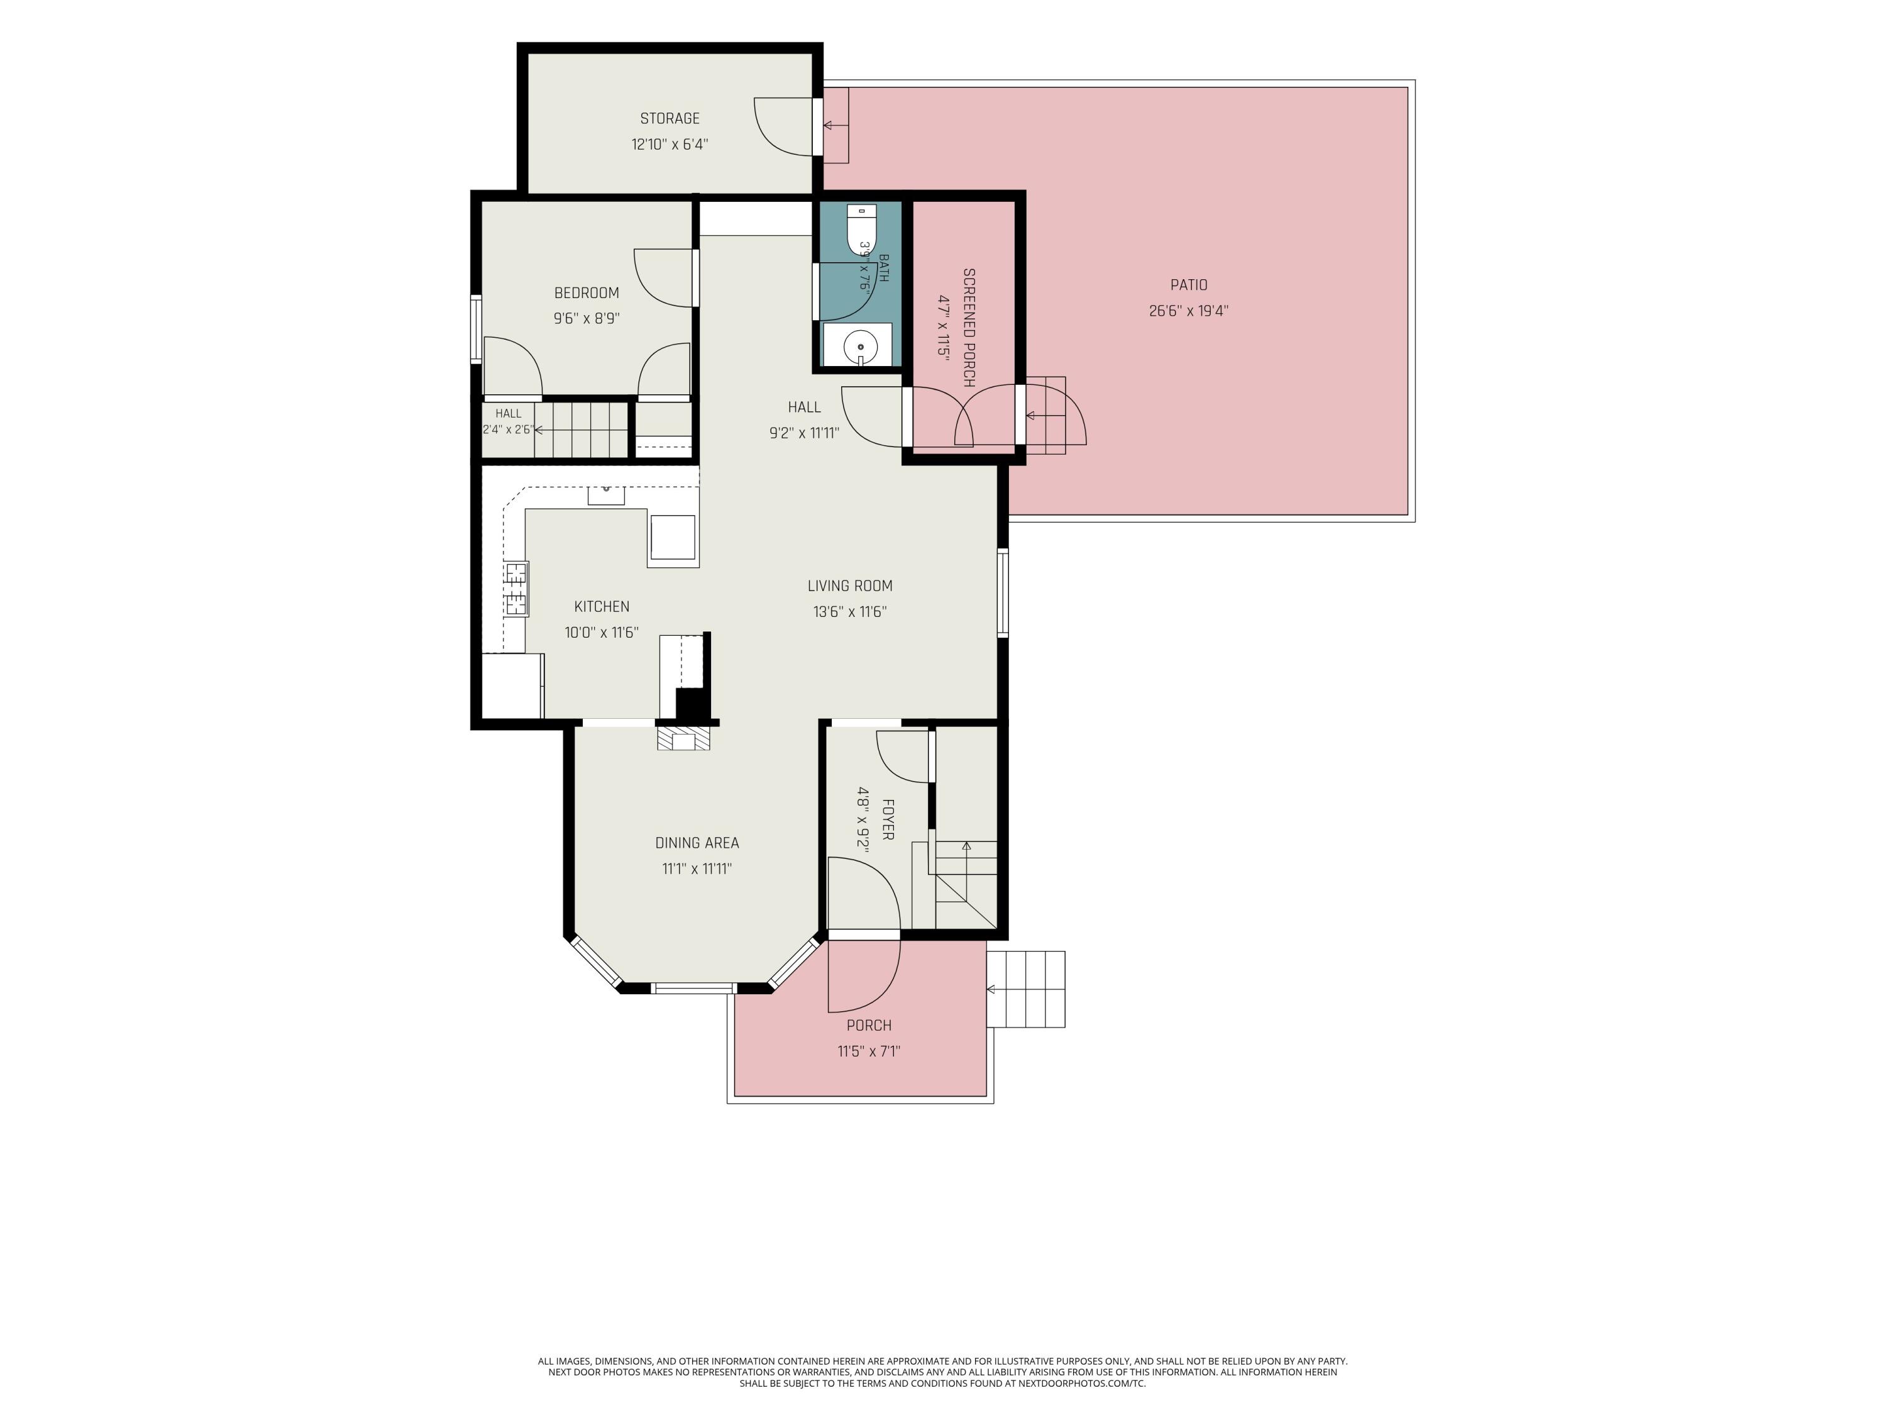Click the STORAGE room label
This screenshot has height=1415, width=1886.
pos(670,119)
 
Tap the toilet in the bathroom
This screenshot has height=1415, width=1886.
pos(861,228)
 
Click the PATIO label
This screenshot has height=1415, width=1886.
pos(1189,285)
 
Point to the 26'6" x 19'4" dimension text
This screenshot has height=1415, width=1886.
pos(1189,311)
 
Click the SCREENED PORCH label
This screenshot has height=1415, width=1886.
pos(969,328)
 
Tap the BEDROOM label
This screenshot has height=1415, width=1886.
pos(587,292)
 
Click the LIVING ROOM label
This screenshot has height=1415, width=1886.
pos(850,586)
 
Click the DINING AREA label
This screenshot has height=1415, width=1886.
pos(697,843)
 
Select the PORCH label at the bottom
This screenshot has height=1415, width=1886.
pos(869,1025)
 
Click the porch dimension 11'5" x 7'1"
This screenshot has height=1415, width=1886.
pos(869,1051)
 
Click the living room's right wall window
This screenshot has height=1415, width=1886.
pos(1003,593)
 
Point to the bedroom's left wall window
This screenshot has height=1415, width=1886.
pos(476,330)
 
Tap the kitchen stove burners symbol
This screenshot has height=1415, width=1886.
pos(516,589)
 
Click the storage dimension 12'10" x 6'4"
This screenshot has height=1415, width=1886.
pos(670,144)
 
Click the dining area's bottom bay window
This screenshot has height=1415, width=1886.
pos(693,989)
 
